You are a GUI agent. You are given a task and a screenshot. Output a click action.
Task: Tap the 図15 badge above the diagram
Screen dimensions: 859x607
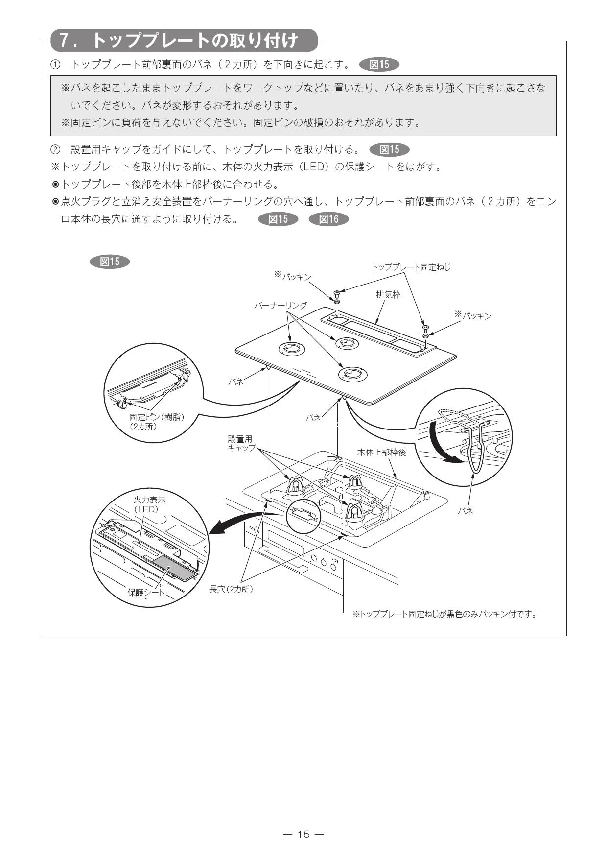tap(110, 262)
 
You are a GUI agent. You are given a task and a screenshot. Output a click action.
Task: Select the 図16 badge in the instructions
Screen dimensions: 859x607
tap(328, 219)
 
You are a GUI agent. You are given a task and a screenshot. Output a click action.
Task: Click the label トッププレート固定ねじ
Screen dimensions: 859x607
tap(411, 267)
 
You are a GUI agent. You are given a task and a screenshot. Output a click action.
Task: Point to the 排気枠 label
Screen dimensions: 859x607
tap(388, 295)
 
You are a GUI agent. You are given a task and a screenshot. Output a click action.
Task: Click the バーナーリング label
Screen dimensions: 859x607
tap(280, 306)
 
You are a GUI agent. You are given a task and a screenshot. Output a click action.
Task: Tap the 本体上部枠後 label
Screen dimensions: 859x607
tap(381, 453)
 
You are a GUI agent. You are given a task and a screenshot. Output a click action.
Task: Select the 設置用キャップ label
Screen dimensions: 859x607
tap(241, 443)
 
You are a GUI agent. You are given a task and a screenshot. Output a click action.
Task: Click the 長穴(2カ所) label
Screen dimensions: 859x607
tap(231, 589)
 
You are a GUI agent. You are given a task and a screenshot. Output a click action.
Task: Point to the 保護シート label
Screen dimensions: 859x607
tap(146, 592)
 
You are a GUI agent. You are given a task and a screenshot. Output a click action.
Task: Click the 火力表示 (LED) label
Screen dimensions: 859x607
tap(149, 504)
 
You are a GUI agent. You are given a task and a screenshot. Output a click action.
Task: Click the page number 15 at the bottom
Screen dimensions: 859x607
tap(303, 834)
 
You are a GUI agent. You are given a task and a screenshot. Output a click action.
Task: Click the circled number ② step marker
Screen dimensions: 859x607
tap(56, 149)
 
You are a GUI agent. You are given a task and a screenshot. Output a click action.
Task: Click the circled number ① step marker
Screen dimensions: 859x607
tap(56, 64)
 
